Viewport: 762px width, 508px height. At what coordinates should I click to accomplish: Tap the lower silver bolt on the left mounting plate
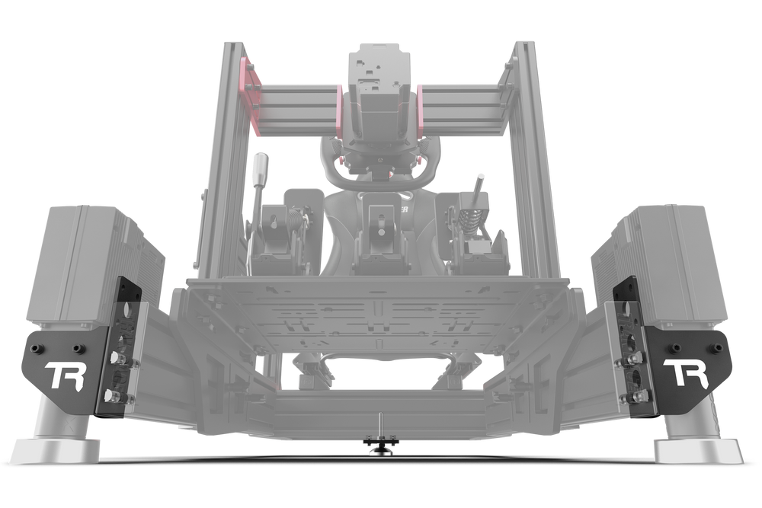point(112,395)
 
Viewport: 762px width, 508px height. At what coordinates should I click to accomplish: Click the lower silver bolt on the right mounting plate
point(633,395)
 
